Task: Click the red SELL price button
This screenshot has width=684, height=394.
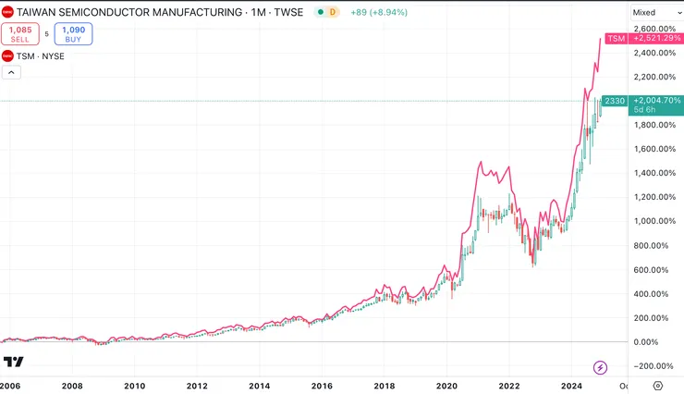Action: click(x=19, y=33)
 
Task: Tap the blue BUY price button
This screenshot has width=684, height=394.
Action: click(x=73, y=33)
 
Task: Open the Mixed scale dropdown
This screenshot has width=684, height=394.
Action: click(x=654, y=12)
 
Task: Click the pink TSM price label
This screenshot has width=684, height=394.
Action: click(x=615, y=38)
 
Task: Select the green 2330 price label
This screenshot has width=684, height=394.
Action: click(x=615, y=100)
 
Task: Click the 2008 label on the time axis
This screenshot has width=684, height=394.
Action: click(x=72, y=385)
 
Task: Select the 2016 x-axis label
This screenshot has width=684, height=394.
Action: click(x=322, y=385)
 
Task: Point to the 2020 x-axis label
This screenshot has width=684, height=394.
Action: click(x=446, y=385)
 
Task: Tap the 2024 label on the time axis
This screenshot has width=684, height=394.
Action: click(x=571, y=385)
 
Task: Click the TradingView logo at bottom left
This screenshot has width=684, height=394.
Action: click(x=13, y=362)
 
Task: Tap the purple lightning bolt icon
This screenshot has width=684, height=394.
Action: click(x=601, y=367)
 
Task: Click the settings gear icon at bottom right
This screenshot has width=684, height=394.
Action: click(x=658, y=385)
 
